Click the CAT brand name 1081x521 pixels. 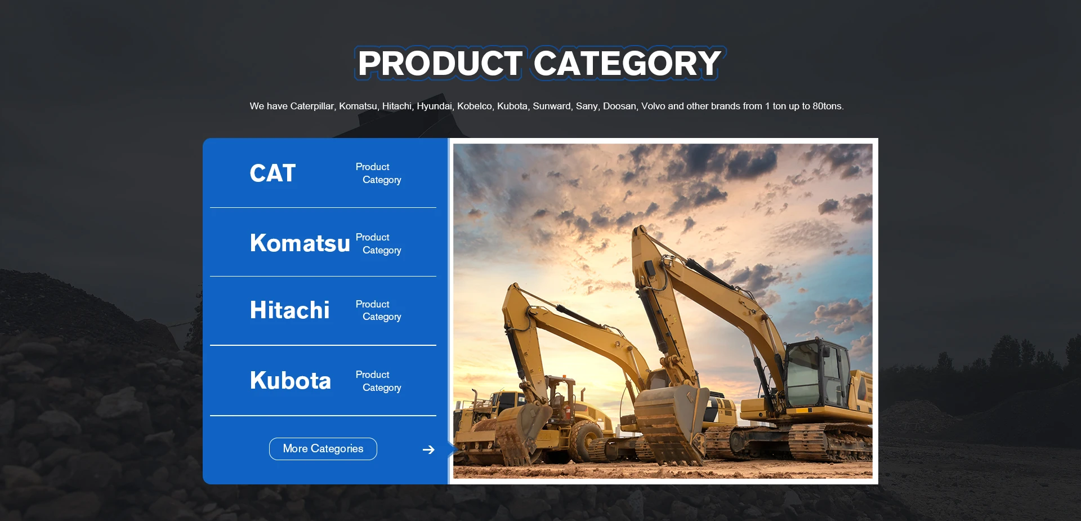(273, 173)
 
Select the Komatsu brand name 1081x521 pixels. (300, 243)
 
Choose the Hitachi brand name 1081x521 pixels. (290, 310)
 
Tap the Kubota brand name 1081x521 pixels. (291, 380)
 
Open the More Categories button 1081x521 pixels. (323, 449)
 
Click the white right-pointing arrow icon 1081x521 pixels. (428, 449)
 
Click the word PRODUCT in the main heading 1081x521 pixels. (440, 63)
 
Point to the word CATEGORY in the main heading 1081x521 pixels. (627, 63)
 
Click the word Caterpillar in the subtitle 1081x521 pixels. (312, 106)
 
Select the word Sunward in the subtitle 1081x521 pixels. (553, 106)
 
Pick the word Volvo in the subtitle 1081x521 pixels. (653, 106)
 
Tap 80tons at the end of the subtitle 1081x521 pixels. (828, 106)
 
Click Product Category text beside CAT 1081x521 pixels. (378, 173)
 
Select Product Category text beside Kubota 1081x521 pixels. (378, 381)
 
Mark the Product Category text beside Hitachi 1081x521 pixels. (378, 310)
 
